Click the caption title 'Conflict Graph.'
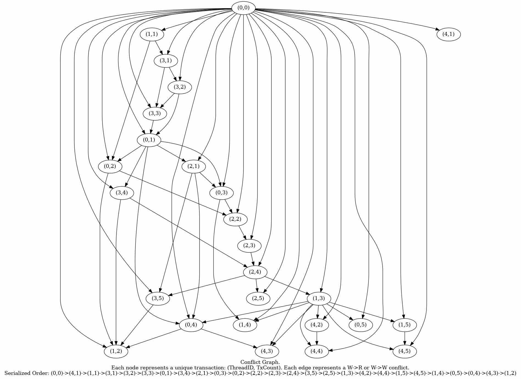260,362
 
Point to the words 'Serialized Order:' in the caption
27,373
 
